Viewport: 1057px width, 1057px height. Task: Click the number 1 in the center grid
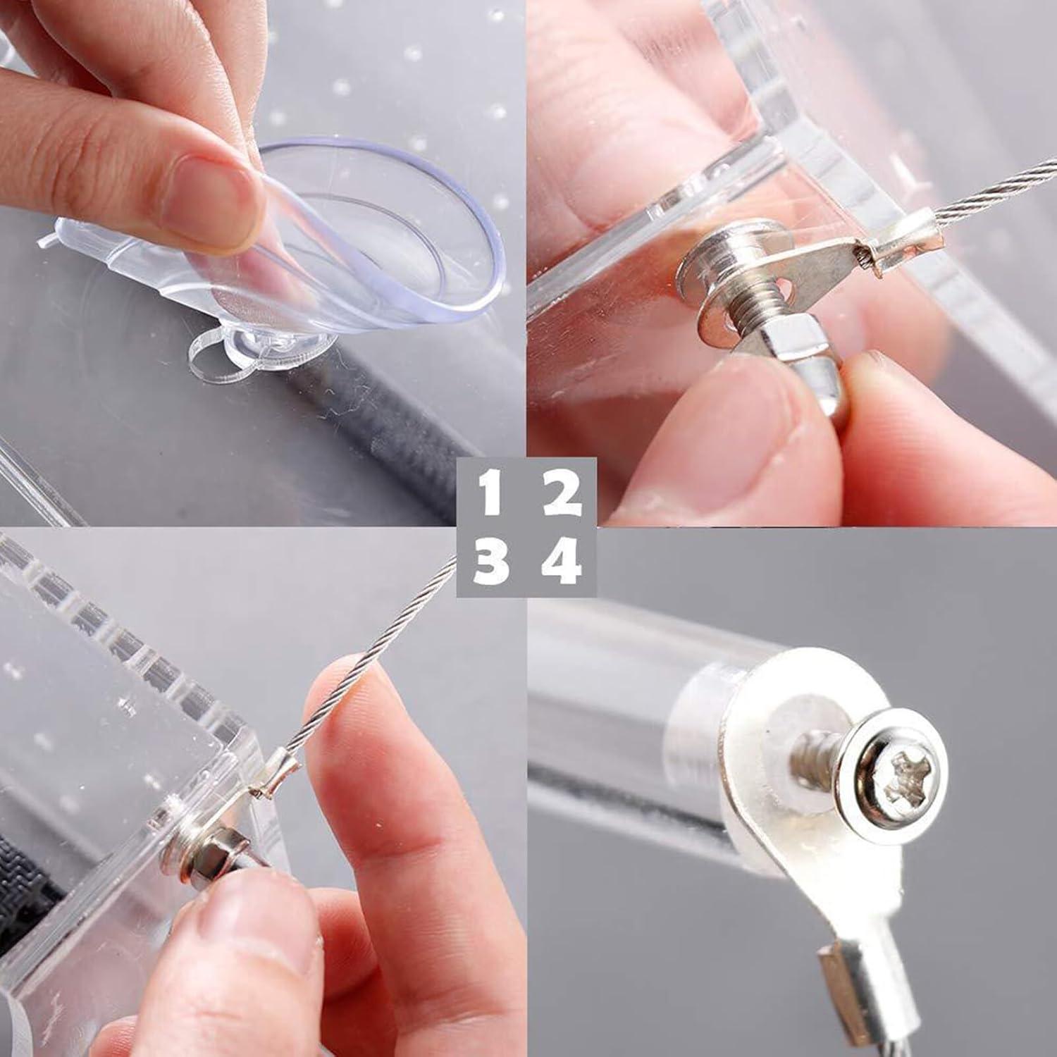(x=491, y=495)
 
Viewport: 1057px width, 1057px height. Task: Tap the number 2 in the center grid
(x=562, y=495)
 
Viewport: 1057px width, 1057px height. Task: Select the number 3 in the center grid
(x=491, y=562)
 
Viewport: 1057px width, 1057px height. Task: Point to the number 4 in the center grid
(x=562, y=562)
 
